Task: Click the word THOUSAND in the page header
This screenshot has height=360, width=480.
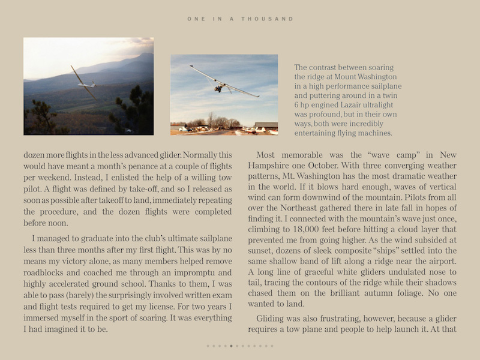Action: point(268,19)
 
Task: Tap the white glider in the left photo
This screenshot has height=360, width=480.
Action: point(83,83)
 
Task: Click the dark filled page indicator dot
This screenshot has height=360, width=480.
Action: point(231,346)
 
